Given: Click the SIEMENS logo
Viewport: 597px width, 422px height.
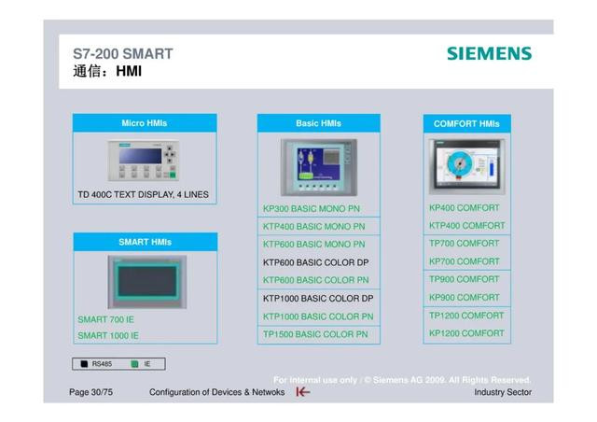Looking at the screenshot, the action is (x=489, y=53).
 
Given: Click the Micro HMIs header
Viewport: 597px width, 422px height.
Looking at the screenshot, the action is (x=145, y=122).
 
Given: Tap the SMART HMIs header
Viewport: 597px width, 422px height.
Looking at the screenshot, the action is (x=146, y=242).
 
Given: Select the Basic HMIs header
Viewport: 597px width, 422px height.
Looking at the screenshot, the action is (x=319, y=123).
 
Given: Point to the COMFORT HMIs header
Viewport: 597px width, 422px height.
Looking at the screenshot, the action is (x=466, y=123).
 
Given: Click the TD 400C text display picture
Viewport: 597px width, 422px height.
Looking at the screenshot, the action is (x=143, y=161).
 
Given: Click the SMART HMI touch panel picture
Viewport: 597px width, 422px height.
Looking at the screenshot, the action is (x=147, y=282).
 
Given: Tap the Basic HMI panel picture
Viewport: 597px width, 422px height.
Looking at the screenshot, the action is (x=319, y=167).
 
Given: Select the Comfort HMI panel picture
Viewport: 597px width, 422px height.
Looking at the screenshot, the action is (x=467, y=166).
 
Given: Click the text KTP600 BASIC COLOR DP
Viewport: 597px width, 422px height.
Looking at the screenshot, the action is (x=315, y=262).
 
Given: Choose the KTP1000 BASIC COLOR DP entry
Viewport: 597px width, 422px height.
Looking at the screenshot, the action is (x=318, y=298).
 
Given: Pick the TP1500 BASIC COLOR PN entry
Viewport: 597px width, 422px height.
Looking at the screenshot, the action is (x=315, y=334).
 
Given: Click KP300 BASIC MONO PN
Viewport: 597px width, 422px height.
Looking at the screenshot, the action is (x=311, y=208).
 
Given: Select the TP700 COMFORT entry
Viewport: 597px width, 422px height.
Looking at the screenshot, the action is (x=465, y=244).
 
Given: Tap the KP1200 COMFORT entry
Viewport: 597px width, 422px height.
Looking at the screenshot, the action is (x=466, y=333).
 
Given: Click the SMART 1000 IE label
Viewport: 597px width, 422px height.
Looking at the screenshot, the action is (x=108, y=335).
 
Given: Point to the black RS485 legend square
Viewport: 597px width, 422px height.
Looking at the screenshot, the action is (x=84, y=364).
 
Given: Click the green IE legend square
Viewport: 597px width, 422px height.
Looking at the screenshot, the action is (x=134, y=364).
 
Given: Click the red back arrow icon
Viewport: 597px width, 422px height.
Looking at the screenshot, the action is (x=303, y=391).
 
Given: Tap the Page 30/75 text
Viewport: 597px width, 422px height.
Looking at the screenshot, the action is (x=91, y=392).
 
